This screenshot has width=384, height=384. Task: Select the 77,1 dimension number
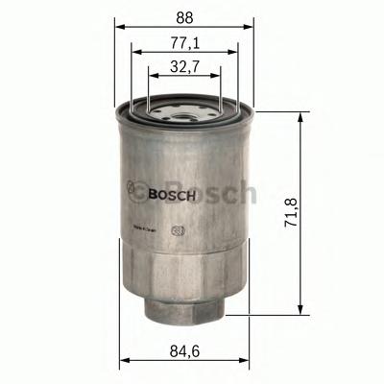coord(184,43)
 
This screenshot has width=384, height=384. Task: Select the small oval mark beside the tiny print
coord(176,229)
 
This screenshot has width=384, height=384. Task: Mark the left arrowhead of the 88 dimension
coord(119,27)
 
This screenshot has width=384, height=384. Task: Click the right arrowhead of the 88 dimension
coord(252,27)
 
